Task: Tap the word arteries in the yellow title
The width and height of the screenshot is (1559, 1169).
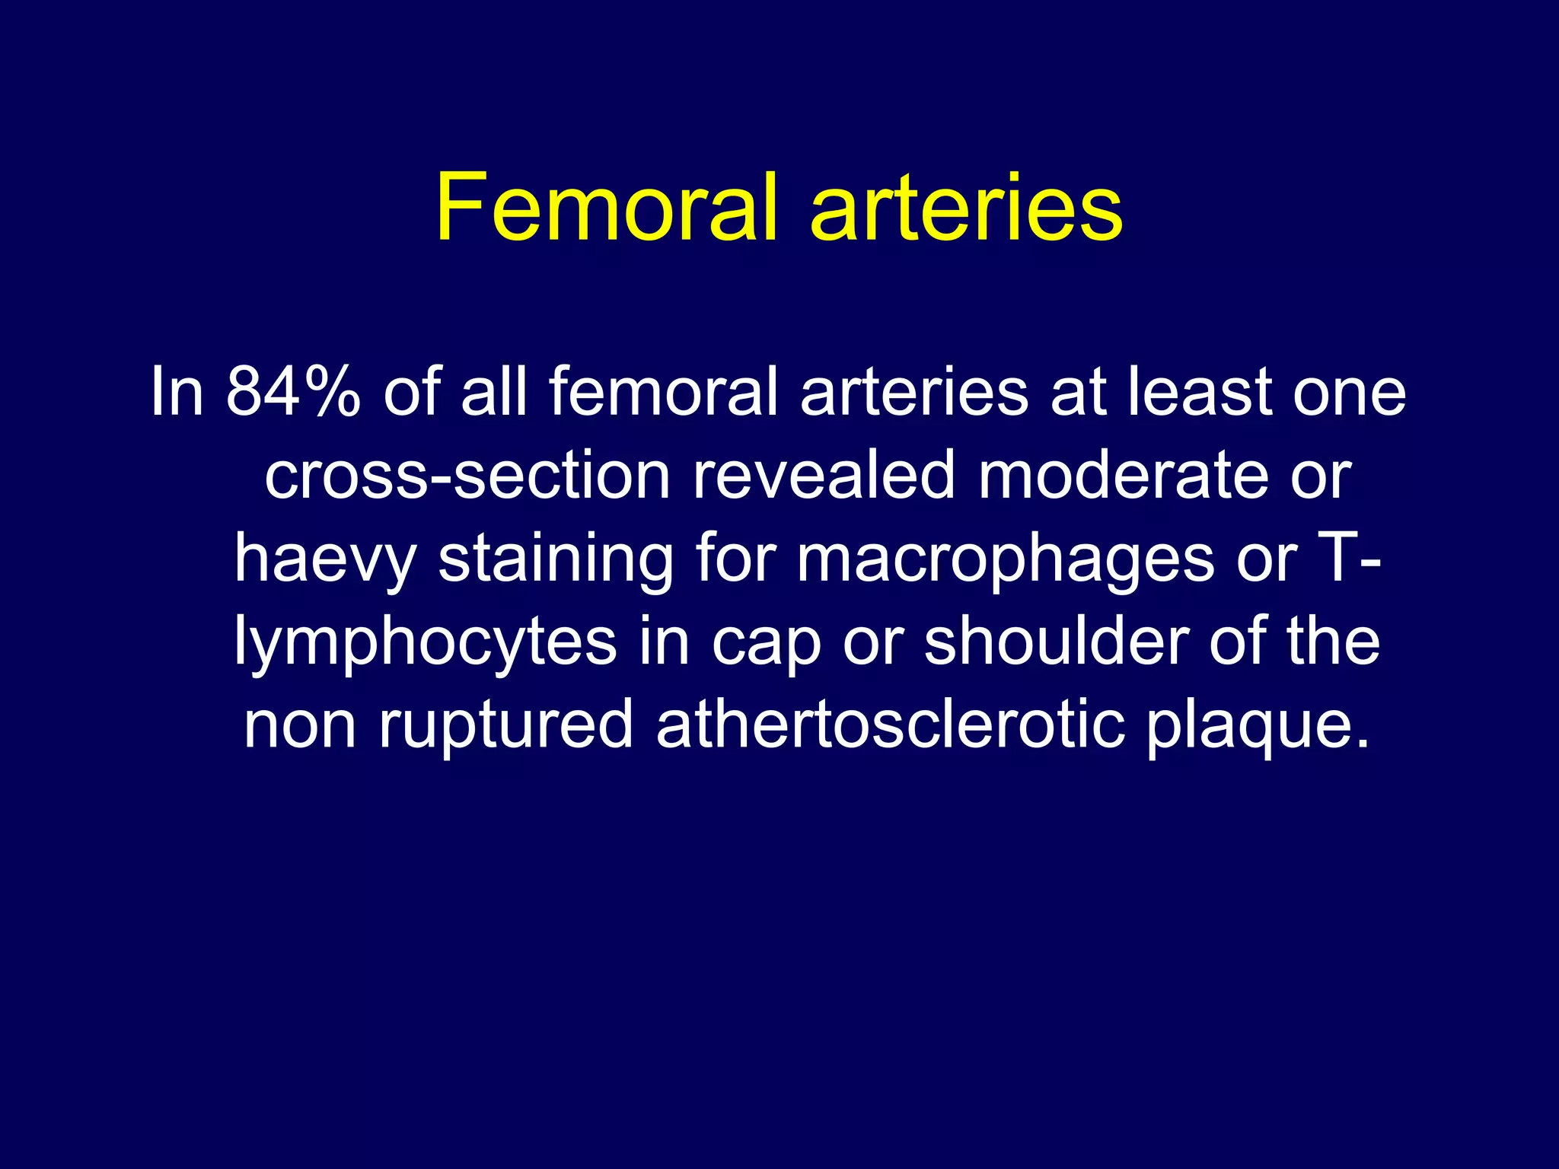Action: click(x=966, y=207)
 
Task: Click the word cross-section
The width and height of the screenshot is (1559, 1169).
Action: click(x=467, y=475)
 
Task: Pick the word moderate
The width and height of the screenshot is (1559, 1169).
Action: click(x=1123, y=475)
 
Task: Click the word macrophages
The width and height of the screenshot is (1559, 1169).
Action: click(x=1005, y=559)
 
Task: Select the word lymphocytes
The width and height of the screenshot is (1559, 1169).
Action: click(x=425, y=642)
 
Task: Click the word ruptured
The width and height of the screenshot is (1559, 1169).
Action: click(x=506, y=725)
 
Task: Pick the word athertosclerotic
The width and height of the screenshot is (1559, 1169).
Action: click(x=890, y=725)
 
